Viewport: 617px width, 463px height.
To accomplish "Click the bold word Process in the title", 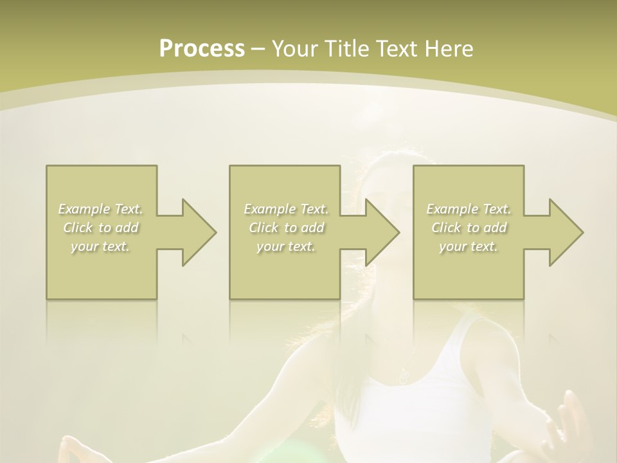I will point(202,49).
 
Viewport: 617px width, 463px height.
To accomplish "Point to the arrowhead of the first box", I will point(199,232).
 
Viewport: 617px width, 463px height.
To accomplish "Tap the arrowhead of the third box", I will point(566,232).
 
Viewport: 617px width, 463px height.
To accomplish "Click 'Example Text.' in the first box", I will point(101,209).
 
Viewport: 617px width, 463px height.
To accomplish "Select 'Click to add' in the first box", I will point(101,228).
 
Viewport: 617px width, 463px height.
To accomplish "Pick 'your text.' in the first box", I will point(101,246).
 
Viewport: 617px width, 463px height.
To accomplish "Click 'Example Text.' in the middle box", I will point(286,209).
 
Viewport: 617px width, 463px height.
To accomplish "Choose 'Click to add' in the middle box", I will point(286,228).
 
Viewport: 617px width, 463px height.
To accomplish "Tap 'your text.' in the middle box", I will point(286,246).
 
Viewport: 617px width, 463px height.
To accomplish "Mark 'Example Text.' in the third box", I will point(469,209).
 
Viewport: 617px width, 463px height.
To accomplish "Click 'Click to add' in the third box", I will point(469,228).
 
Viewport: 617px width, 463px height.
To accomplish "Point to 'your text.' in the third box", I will point(469,246).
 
